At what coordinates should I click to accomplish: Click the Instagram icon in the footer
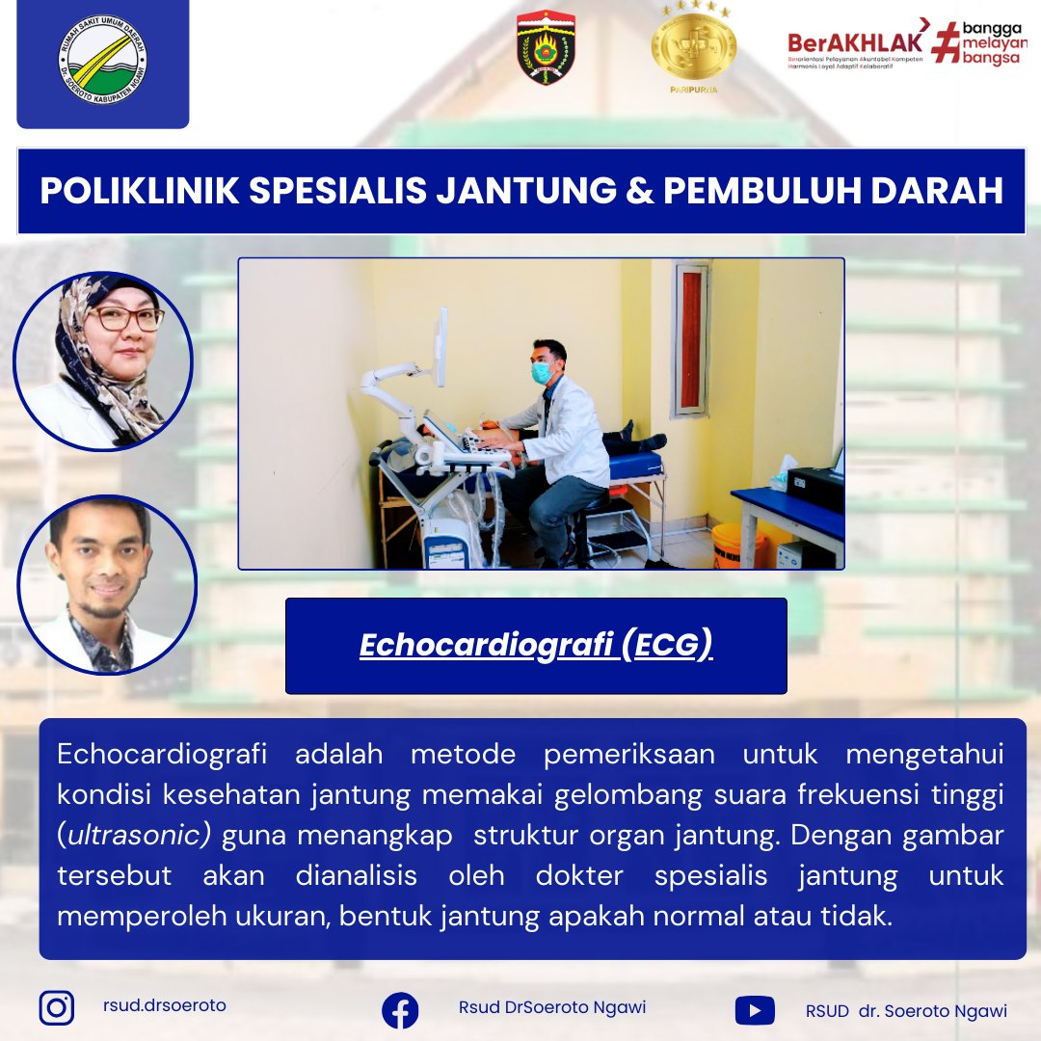(x=57, y=1007)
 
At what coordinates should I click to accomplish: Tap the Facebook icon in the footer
(x=400, y=1010)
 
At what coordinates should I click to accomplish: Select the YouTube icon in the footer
(x=754, y=1010)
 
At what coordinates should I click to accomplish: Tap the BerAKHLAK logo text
(x=855, y=42)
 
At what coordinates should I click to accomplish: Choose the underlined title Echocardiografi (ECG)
(x=536, y=645)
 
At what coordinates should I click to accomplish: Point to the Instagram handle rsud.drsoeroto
(x=164, y=1005)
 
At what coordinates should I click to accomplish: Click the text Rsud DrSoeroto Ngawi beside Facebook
(x=552, y=1007)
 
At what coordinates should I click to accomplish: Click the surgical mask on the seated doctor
(x=543, y=371)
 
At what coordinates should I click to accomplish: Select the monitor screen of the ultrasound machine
(x=440, y=348)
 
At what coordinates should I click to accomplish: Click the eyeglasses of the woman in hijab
(x=124, y=319)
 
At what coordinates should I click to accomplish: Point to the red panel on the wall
(x=691, y=337)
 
